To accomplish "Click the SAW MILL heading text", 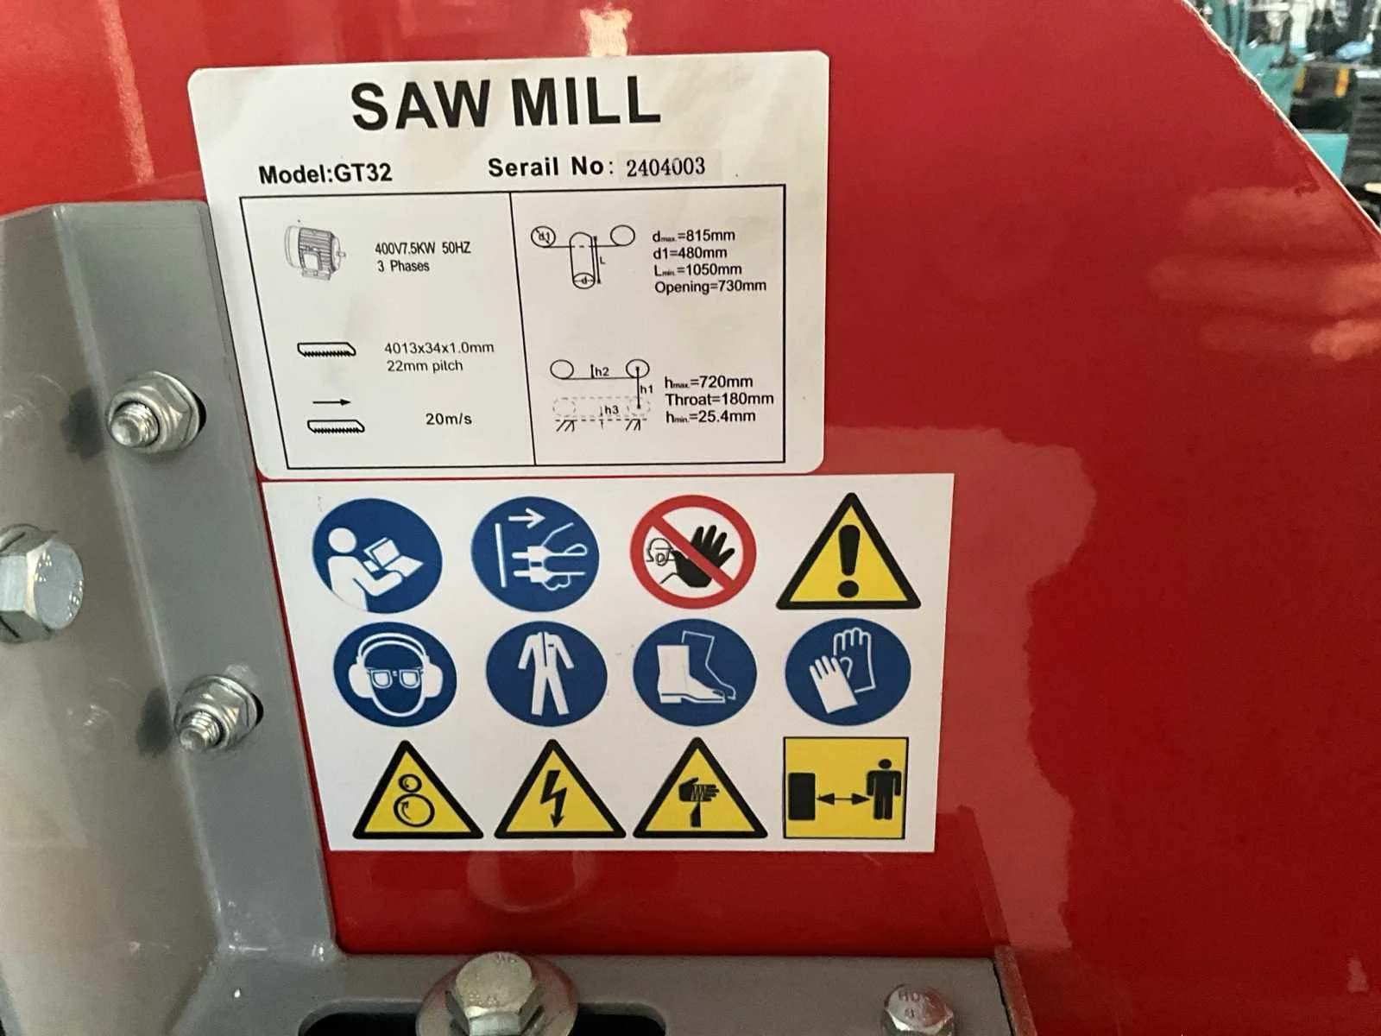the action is tap(506, 103).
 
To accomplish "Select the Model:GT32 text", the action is tap(325, 173).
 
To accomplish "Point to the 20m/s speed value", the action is tap(448, 419).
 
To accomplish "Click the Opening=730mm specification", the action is tap(710, 287).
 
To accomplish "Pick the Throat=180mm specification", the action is tap(719, 399).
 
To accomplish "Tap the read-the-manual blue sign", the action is tap(377, 555).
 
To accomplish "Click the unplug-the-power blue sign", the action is tap(535, 553).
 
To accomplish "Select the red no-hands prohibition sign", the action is tap(693, 552).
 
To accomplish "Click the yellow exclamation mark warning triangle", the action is tap(848, 553).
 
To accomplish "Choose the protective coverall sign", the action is tap(546, 673).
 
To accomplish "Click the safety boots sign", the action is tap(695, 672).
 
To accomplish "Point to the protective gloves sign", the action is tap(848, 671).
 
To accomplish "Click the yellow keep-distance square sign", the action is tap(846, 788).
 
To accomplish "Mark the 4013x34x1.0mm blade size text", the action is tap(438, 348).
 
